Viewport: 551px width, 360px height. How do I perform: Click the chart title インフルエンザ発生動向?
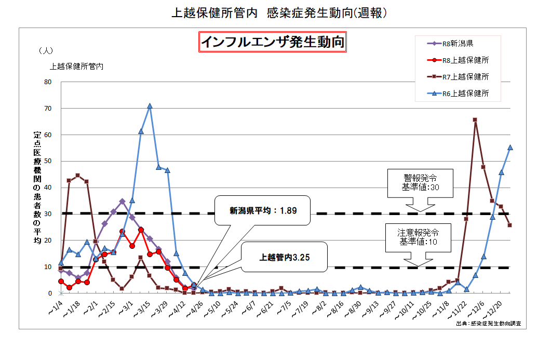coord(273,42)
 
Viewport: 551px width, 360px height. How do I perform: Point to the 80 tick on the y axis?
coord(48,82)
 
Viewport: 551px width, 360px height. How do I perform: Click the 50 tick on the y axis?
coord(48,162)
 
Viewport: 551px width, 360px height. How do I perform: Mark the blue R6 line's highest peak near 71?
coord(150,106)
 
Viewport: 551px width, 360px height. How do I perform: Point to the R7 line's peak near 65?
coord(475,120)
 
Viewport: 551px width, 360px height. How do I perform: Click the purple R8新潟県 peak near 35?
coord(122,201)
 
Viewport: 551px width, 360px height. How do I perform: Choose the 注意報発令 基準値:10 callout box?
coord(419,237)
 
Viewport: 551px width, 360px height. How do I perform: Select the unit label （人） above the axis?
coord(46,51)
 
